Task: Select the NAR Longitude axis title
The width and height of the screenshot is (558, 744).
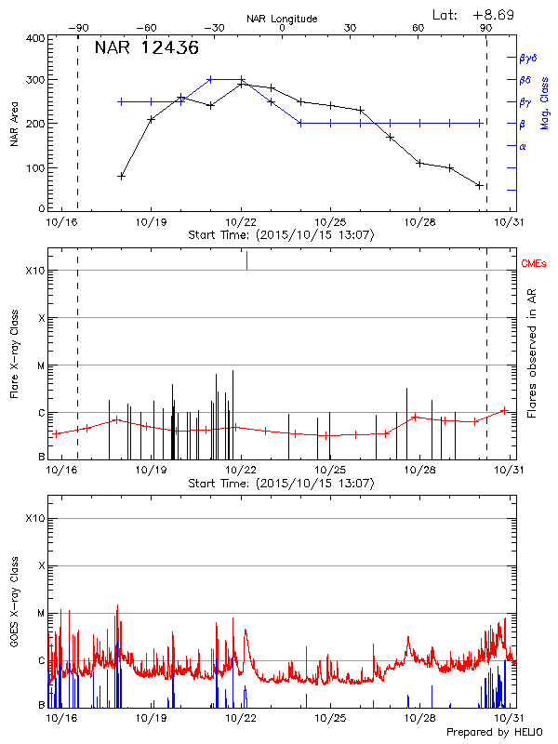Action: (282, 18)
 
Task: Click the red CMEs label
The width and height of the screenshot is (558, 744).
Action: (534, 265)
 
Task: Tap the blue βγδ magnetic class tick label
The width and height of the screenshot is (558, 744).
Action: (526, 58)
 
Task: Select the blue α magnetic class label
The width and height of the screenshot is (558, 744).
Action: (522, 146)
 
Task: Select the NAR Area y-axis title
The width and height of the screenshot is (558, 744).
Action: (14, 126)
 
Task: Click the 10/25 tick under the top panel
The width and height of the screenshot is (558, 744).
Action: (330, 223)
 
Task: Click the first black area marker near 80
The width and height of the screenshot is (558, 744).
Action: (121, 175)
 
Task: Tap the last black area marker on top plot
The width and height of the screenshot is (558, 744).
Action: (479, 185)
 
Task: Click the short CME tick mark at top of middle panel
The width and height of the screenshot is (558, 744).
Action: (246, 261)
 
